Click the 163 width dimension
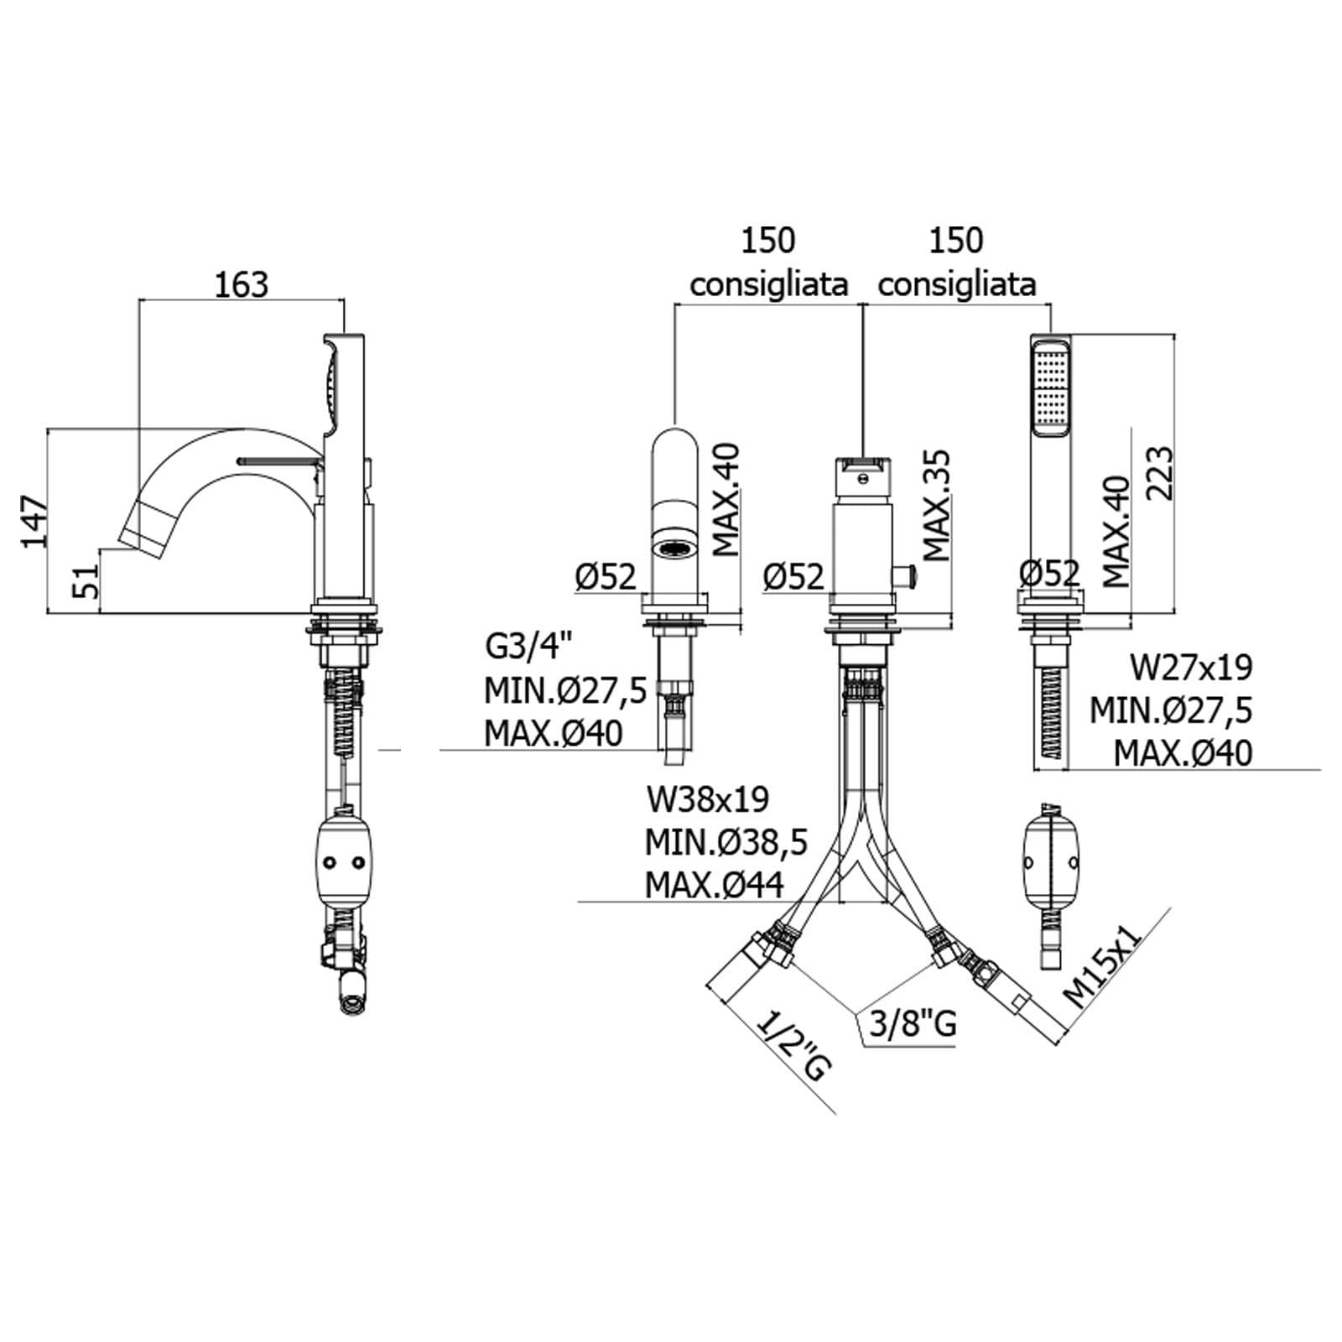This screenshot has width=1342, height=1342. tap(241, 284)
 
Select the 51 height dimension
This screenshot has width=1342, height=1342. tap(86, 580)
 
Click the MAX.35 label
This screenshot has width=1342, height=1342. tap(936, 506)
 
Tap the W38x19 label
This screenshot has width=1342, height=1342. tap(707, 798)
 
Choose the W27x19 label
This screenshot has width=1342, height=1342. tap(1191, 668)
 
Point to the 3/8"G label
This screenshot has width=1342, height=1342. tap(913, 1023)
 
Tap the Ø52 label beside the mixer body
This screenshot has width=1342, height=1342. tap(793, 576)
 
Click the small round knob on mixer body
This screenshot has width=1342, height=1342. tap(907, 576)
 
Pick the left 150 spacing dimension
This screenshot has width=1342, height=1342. tap(767, 241)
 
